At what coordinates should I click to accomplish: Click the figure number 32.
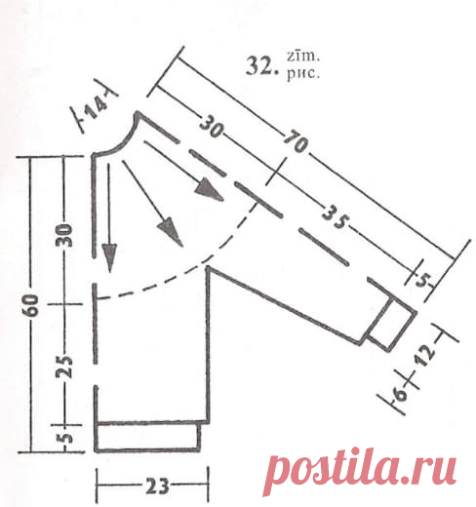[x=262, y=66]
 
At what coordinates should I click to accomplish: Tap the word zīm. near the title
[x=303, y=56]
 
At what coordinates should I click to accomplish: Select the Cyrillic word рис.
[x=303, y=73]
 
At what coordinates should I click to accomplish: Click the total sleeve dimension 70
[x=296, y=141]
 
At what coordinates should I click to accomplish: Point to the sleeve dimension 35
[x=335, y=217]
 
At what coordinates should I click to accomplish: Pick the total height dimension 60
[x=31, y=305]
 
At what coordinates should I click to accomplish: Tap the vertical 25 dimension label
[x=64, y=367]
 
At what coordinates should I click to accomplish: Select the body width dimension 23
[x=157, y=486]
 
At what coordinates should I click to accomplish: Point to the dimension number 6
[x=401, y=393]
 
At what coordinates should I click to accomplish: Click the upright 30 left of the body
[x=64, y=235]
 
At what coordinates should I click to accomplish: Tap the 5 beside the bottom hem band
[x=66, y=438]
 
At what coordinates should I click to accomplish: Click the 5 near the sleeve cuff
[x=423, y=280]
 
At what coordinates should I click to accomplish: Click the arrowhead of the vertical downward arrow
[x=109, y=257]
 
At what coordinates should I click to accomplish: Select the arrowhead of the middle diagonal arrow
[x=170, y=231]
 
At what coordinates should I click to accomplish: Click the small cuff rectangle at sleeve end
[x=392, y=325]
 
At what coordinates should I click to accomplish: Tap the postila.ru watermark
[x=360, y=471]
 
